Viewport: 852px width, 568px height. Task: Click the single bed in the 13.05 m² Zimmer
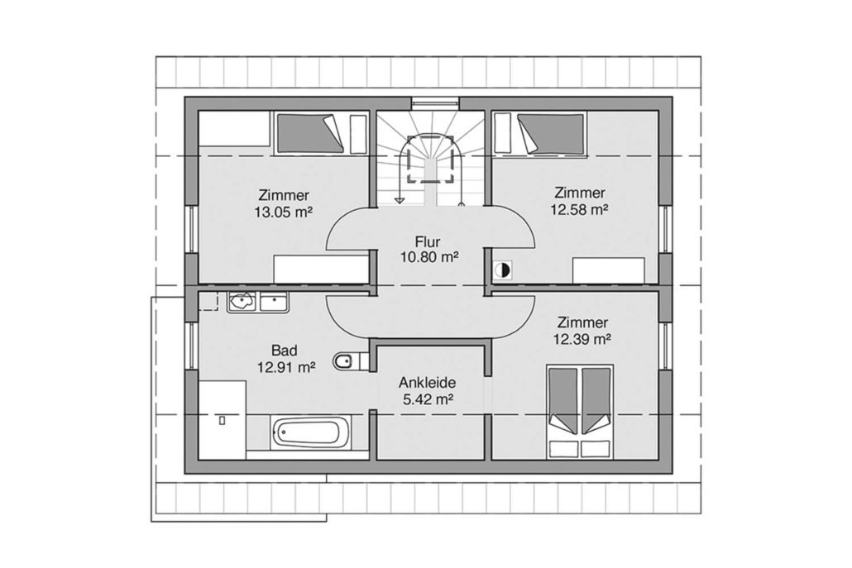pyautogui.click(x=310, y=134)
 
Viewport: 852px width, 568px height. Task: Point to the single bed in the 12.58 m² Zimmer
pyautogui.click(x=551, y=134)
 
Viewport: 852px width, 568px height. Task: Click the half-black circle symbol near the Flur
pyautogui.click(x=503, y=270)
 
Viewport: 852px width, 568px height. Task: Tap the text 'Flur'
pyautogui.click(x=428, y=241)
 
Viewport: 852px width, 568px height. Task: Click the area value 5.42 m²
pyautogui.click(x=428, y=399)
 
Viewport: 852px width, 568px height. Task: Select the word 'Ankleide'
pyautogui.click(x=427, y=382)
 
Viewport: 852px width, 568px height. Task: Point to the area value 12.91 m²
pyautogui.click(x=286, y=368)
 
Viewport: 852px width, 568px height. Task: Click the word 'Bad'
pyautogui.click(x=285, y=351)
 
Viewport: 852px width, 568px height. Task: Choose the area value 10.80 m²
pyautogui.click(x=429, y=257)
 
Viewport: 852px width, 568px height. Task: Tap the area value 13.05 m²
pyautogui.click(x=283, y=212)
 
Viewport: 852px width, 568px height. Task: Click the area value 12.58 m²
pyautogui.click(x=579, y=209)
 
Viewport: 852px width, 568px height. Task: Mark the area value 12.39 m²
pyautogui.click(x=582, y=339)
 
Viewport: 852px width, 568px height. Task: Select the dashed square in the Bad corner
pyautogui.click(x=208, y=300)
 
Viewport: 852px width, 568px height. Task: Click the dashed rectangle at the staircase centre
pyautogui.click(x=431, y=159)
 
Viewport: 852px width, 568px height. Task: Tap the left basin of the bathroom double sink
pyautogui.click(x=242, y=302)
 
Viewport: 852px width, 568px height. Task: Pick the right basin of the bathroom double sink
pyautogui.click(x=273, y=302)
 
